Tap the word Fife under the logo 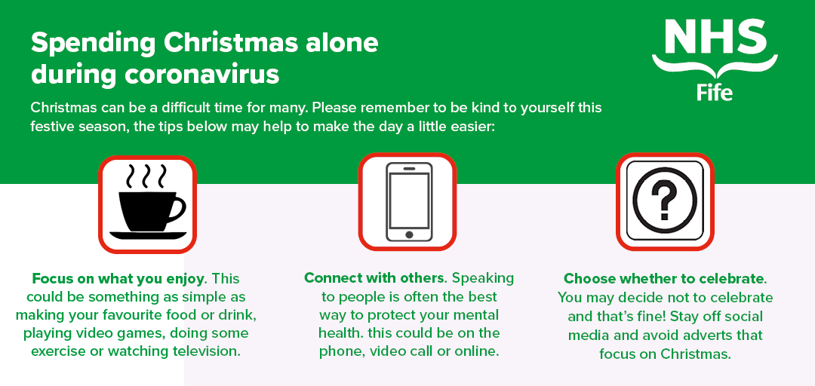click(x=715, y=92)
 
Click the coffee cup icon click(x=148, y=204)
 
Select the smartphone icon click(x=409, y=201)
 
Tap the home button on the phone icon click(x=409, y=234)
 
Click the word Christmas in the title click(x=232, y=43)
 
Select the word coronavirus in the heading click(x=201, y=75)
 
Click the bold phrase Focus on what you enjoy click(x=118, y=278)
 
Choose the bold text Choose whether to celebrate click(x=664, y=279)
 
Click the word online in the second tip click(x=477, y=351)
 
